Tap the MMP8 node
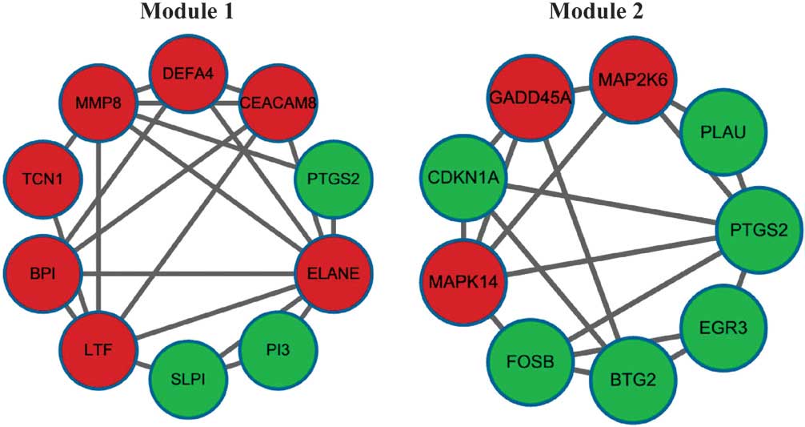point(96,104)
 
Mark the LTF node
point(96,349)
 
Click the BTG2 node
point(628,380)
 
